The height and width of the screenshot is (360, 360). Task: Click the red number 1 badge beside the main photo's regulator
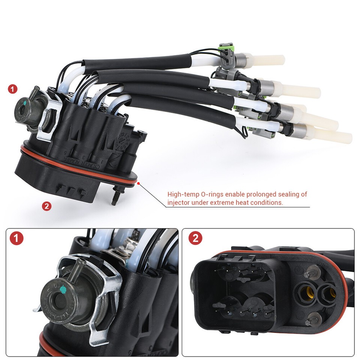13,89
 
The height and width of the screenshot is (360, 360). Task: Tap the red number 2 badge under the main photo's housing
46,206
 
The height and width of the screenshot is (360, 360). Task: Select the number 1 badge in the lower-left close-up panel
16,238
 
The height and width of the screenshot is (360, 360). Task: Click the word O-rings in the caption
207,194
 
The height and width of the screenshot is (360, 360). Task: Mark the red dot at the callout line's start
139,183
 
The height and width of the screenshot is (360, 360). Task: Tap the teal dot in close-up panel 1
63,288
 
